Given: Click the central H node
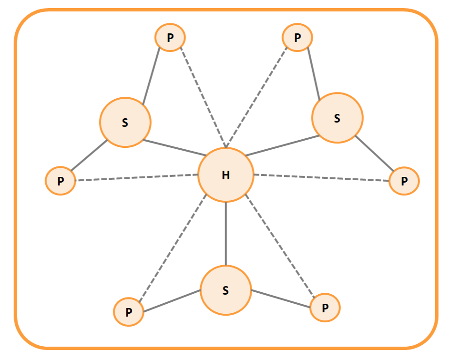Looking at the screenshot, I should [x=225, y=175].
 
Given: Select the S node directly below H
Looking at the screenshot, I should [x=225, y=290].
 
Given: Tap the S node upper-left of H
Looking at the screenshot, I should [x=125, y=122].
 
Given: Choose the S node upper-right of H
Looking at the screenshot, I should [x=337, y=118].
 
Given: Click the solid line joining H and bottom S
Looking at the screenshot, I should [x=225, y=234].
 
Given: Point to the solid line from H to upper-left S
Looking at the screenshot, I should [x=174, y=148].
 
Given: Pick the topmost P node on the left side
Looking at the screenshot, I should [x=170, y=37].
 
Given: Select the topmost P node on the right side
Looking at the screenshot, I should [x=297, y=37].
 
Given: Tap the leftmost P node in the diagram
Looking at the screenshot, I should [x=61, y=181].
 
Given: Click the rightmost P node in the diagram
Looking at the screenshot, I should [x=404, y=181].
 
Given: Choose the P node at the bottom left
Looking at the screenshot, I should [x=128, y=312].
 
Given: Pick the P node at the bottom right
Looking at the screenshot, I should [x=325, y=308].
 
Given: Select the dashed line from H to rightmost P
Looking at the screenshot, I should [x=321, y=178].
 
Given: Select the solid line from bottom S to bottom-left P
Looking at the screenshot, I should [x=172, y=301].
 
